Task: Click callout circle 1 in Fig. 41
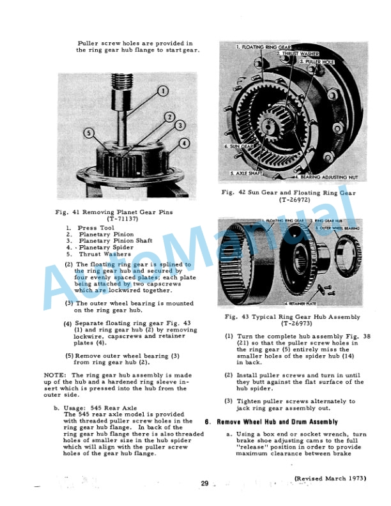tap(162, 91)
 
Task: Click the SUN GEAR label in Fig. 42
tap(236, 146)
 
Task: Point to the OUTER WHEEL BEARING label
tap(342, 228)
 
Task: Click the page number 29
tap(204, 484)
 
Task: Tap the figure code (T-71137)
tap(119, 218)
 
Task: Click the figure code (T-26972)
tap(287, 199)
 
